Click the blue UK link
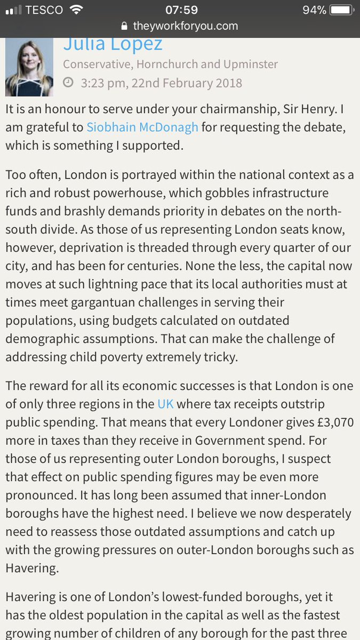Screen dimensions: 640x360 pos(165,404)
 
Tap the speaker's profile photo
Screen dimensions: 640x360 pos(29,68)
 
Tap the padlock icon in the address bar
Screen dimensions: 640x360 pos(125,26)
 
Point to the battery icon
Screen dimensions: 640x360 pos(342,10)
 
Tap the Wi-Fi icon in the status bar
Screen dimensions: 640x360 pos(77,10)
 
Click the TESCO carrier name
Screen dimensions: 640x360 pos(44,10)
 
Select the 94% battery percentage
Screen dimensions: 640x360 pos(314,10)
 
